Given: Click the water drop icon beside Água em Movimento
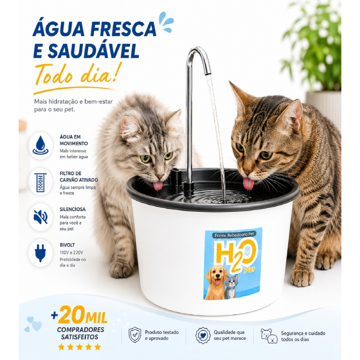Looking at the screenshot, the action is (x=41, y=145).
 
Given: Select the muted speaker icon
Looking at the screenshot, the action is (x=41, y=217).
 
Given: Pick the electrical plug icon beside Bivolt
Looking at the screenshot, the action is (x=40, y=253).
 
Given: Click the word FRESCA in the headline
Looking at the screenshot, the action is (x=123, y=29).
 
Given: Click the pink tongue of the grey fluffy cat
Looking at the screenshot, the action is (x=158, y=186).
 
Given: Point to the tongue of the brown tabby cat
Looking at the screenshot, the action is (x=249, y=184).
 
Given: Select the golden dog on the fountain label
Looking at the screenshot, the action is (x=216, y=282).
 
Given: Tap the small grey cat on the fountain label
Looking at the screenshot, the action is (x=231, y=287).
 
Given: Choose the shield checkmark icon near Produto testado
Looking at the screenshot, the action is (x=135, y=335).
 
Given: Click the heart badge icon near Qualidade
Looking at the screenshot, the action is (x=203, y=335).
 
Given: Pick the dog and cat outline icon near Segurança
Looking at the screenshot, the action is (x=269, y=336).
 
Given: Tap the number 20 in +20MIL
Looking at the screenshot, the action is (x=71, y=315).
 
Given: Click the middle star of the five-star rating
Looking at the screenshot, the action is (x=79, y=347).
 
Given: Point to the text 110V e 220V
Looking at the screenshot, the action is (x=71, y=252).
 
